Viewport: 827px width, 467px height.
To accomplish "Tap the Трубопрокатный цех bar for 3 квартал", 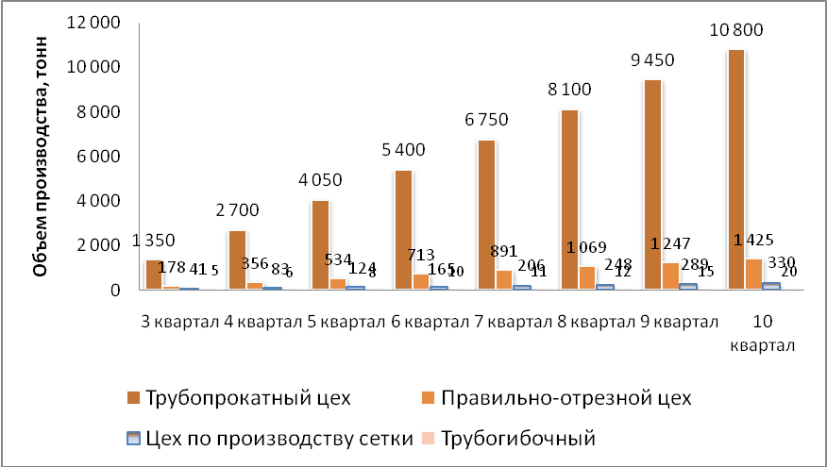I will [154, 275].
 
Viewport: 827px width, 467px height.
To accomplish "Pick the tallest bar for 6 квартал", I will [404, 230].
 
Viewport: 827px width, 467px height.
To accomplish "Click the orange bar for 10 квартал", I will [752, 274].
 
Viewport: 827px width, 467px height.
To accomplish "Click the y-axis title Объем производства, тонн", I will [42, 177].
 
